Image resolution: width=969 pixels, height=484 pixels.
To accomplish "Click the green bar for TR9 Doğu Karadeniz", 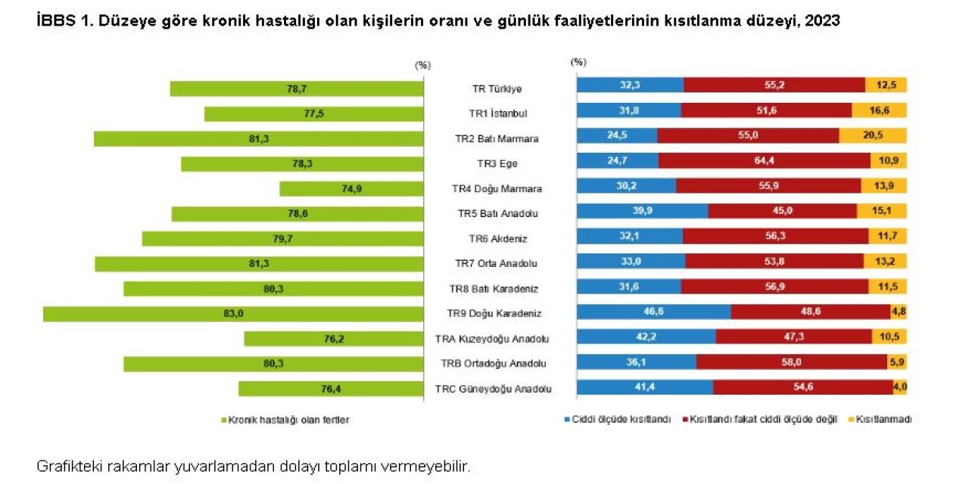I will [233, 314].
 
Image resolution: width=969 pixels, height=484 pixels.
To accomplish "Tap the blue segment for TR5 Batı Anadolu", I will [642, 214].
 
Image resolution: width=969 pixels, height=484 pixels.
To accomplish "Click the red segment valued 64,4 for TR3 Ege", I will [764, 164].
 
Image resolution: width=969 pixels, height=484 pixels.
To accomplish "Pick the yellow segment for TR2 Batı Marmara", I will [872, 139].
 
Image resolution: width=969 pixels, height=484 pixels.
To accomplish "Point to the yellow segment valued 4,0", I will [899, 388].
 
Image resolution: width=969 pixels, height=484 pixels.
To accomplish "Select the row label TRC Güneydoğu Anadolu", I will [493, 389].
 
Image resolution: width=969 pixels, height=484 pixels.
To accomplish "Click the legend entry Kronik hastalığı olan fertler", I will [288, 420].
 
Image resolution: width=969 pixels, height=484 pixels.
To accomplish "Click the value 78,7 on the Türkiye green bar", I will [297, 89].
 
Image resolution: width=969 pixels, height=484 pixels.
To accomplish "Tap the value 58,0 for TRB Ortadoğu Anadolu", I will [791, 364].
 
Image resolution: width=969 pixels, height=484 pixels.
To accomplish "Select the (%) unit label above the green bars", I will [422, 65].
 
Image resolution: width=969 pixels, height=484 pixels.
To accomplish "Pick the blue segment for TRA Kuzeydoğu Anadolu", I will [646, 339].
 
